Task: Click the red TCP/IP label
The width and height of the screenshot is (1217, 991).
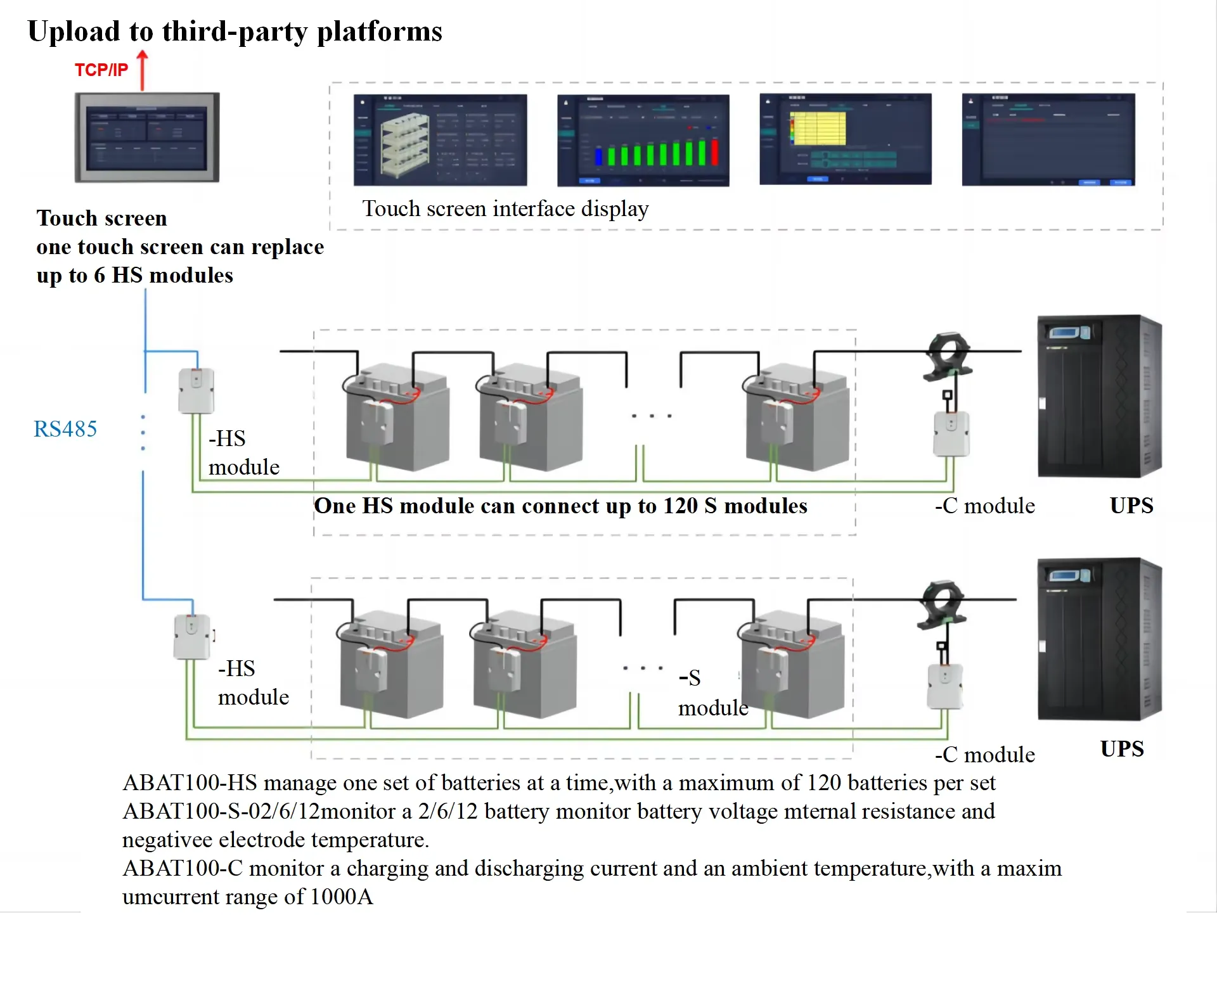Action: point(101,70)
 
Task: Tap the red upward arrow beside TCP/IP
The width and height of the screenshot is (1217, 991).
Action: point(143,70)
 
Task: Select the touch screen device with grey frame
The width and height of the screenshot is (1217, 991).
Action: point(147,137)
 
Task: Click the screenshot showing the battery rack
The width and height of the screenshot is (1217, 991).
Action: point(440,140)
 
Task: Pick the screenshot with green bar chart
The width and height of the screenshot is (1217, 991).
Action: point(643,141)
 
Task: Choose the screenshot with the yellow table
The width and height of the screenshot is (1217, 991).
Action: point(845,139)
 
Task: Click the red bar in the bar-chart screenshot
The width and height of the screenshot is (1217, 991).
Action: point(715,152)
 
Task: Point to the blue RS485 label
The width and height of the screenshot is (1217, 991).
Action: point(65,429)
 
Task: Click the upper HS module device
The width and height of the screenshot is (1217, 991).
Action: point(196,390)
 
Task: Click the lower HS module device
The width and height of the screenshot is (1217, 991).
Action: point(191,636)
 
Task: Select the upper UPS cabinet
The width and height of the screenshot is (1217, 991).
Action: point(1098,396)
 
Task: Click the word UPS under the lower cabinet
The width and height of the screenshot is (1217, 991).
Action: point(1122,749)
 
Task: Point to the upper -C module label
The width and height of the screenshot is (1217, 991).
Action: point(984,506)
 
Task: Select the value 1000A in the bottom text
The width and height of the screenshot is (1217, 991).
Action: point(342,897)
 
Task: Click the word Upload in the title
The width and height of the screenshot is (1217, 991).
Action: point(74,32)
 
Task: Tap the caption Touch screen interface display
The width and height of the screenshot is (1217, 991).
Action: point(505,208)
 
